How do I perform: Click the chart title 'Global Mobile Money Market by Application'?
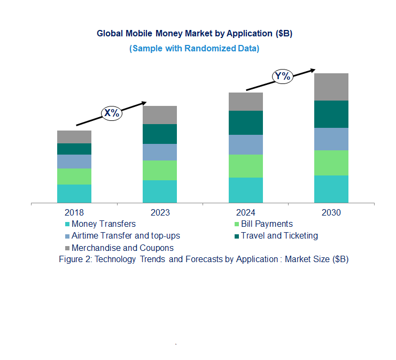pyautogui.click(x=195, y=33)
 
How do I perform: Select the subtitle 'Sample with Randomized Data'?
pyautogui.click(x=195, y=48)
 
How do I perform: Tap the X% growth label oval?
pyautogui.click(x=112, y=113)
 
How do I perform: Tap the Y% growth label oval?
pyautogui.click(x=282, y=76)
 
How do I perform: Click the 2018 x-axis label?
pyautogui.click(x=74, y=212)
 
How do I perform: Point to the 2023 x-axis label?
pyautogui.click(x=160, y=212)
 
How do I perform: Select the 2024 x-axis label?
pyautogui.click(x=245, y=212)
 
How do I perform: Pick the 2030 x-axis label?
pyautogui.click(x=331, y=212)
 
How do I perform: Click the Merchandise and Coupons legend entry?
pyautogui.click(x=122, y=248)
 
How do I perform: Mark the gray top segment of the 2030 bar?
pyautogui.click(x=331, y=87)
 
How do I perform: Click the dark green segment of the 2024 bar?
pyautogui.click(x=245, y=122)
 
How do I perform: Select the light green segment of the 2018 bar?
pyautogui.click(x=74, y=177)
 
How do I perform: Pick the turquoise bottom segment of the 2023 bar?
pyautogui.click(x=160, y=192)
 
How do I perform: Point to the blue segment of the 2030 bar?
pyautogui.click(x=331, y=139)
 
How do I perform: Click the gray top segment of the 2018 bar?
pyautogui.click(x=74, y=136)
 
